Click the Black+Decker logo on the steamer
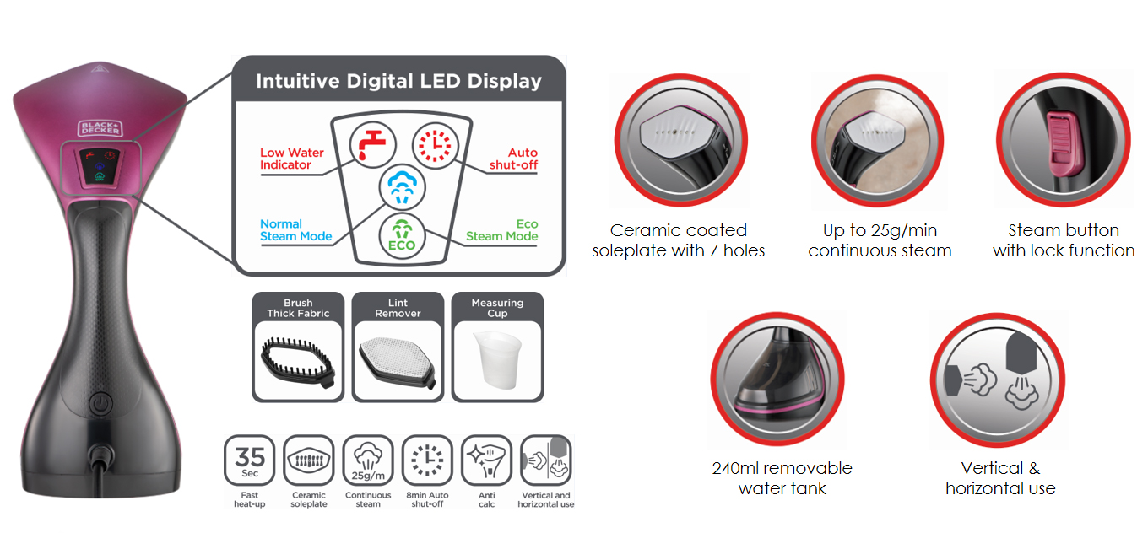[100, 128]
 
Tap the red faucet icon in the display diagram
[372, 145]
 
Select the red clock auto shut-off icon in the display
[435, 146]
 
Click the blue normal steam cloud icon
[403, 187]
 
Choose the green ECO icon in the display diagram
[402, 236]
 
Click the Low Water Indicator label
[291, 159]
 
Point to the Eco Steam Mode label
[501, 230]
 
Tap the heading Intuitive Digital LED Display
[398, 81]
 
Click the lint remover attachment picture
[398, 363]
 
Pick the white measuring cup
[497, 359]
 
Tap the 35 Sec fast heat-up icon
[250, 460]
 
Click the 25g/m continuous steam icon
[368, 460]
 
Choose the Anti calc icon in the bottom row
[486, 460]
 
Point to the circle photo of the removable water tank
[777, 379]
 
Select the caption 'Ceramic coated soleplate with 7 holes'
[679, 240]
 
